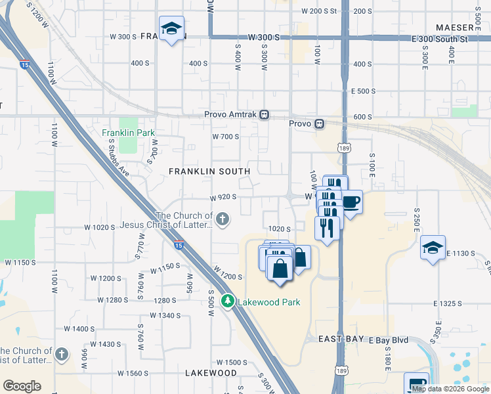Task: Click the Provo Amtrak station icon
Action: tap(264, 114)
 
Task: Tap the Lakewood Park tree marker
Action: tap(228, 301)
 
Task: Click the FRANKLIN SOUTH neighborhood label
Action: tap(209, 171)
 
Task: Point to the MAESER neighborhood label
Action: tap(454, 28)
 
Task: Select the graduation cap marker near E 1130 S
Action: tap(433, 247)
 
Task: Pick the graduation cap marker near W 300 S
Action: tap(172, 28)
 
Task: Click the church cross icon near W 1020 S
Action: tap(223, 219)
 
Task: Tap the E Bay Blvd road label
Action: tap(389, 340)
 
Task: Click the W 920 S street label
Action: tap(223, 197)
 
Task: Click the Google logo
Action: tap(22, 386)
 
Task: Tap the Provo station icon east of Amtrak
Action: tap(319, 123)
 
